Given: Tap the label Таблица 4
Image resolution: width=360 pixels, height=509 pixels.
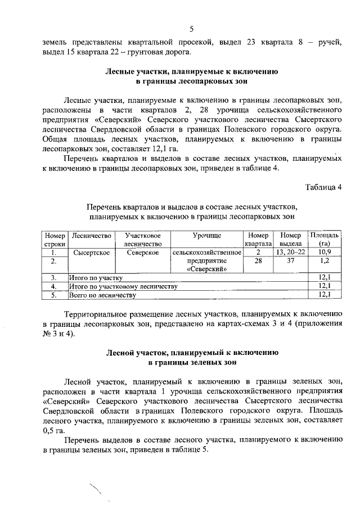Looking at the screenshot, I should (x=323, y=187).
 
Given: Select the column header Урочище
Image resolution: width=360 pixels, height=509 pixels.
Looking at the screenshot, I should (x=206, y=235).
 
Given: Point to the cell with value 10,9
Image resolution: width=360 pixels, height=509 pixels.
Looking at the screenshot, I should (x=324, y=253).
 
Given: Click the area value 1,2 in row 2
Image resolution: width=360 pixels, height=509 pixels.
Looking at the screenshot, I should (x=324, y=261).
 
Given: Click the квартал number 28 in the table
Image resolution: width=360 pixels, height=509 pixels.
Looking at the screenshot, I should (x=258, y=261).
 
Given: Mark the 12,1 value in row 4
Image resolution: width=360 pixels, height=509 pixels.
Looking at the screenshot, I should (x=324, y=286).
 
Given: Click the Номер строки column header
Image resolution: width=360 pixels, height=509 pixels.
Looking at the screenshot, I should (x=55, y=239).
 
